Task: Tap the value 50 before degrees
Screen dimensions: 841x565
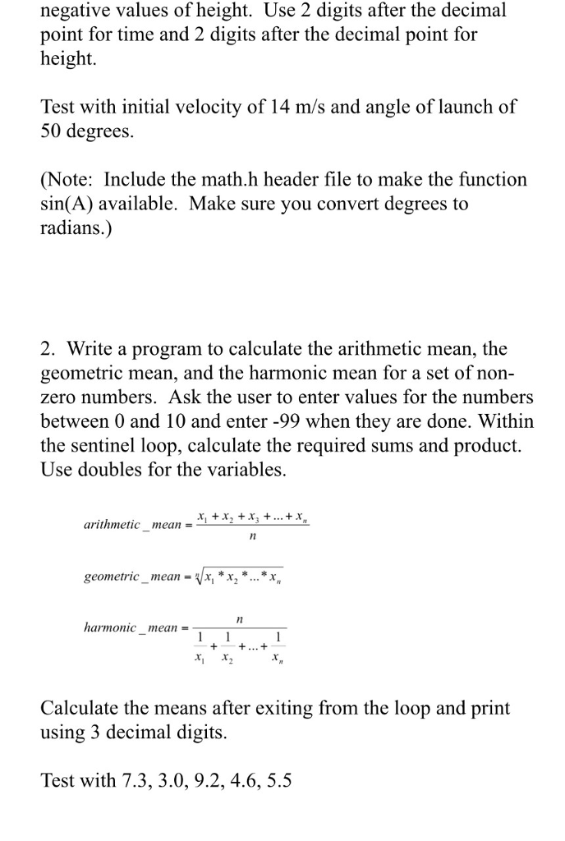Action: [52, 131]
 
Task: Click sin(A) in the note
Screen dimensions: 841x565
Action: [68, 204]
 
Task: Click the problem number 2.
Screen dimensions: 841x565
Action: [48, 349]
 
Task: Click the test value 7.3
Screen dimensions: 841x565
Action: [134, 780]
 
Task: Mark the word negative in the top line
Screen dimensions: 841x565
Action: [76, 11]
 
